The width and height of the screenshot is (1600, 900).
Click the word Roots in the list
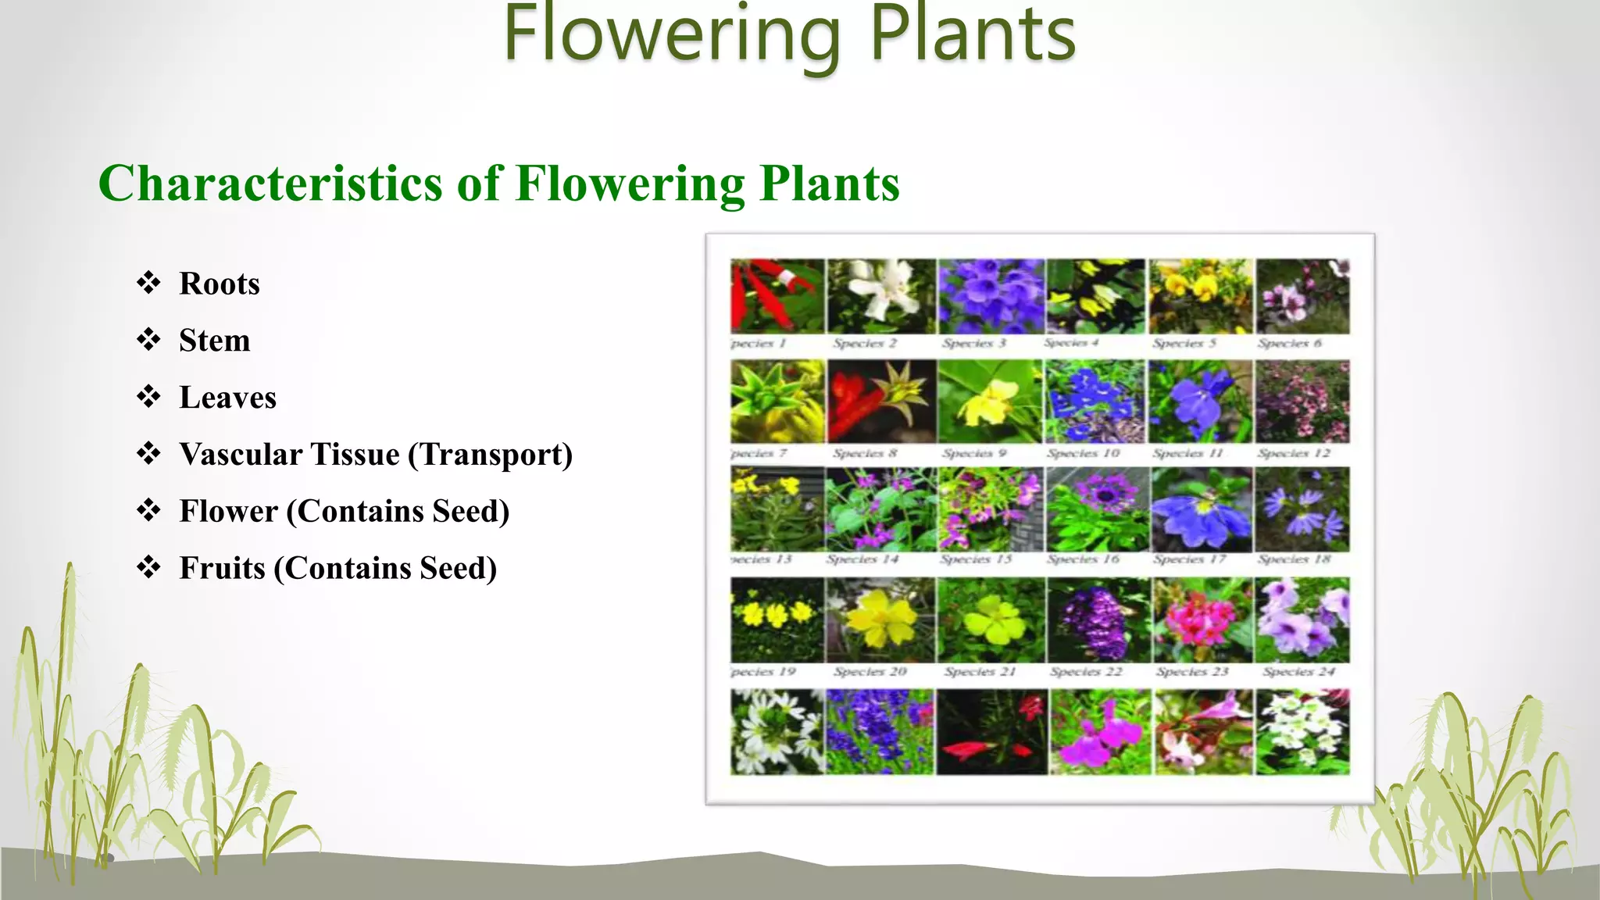(x=219, y=284)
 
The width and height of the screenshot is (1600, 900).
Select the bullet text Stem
(x=214, y=341)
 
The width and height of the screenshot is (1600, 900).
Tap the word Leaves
(x=227, y=398)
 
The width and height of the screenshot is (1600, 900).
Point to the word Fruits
(x=222, y=569)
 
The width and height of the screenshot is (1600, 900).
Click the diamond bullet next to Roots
(x=148, y=282)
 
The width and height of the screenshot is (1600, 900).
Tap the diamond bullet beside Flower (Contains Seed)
(x=148, y=510)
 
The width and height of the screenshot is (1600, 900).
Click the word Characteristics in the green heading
(x=270, y=184)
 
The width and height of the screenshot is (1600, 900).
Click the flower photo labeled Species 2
(x=880, y=297)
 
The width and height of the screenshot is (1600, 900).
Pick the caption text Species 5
(x=1184, y=343)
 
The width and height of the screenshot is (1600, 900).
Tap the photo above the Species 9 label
(x=989, y=402)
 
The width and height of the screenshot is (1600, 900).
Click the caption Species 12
(x=1294, y=453)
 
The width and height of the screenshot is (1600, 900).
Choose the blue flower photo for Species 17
(x=1201, y=510)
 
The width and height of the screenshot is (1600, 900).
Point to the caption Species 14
(x=862, y=559)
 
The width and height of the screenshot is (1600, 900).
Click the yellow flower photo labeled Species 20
(x=880, y=620)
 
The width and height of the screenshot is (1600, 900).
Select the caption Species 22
(x=1086, y=672)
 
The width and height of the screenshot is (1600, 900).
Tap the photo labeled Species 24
(x=1302, y=620)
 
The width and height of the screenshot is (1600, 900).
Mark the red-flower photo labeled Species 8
(x=880, y=402)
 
